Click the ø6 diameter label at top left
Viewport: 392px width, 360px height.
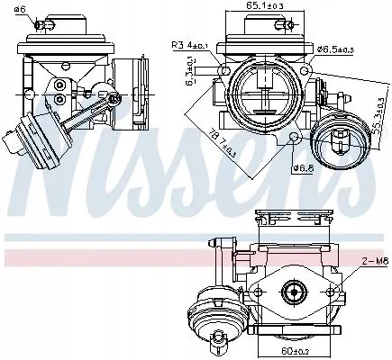coord(20,10)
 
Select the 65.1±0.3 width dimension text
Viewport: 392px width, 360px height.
coord(260,7)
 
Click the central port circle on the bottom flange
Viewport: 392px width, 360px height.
coord(292,291)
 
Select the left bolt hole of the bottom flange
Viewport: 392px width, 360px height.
coord(256,292)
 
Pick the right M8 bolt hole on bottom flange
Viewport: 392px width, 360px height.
coord(330,291)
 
